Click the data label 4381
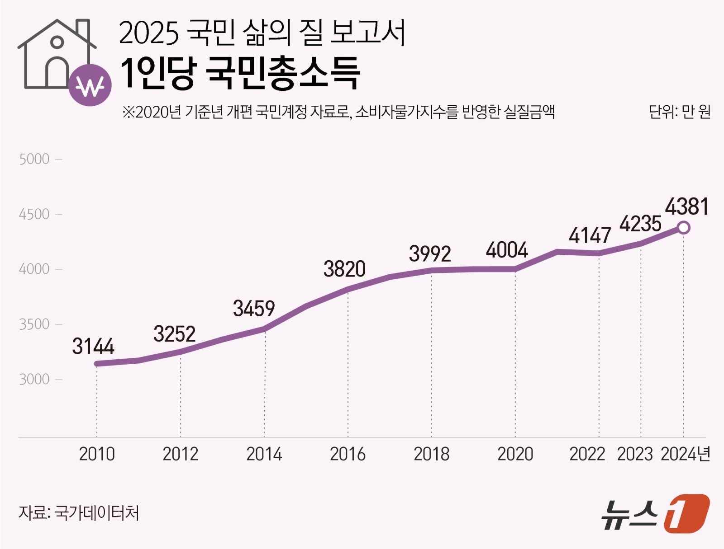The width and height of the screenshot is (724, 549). tap(686, 207)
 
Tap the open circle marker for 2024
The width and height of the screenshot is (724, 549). tap(684, 228)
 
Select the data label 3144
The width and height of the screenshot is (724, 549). tap(93, 347)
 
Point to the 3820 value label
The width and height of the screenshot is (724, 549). tap(344, 269)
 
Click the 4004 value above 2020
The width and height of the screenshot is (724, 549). tap(507, 250)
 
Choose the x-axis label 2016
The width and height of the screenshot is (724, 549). tap(348, 454)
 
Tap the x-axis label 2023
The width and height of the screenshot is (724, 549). tap(635, 454)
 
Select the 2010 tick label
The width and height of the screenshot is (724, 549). tap(97, 454)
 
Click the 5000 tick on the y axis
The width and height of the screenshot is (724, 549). tap(34, 160)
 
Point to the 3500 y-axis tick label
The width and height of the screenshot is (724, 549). tap(34, 324)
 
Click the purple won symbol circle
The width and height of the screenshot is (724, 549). tap(90, 85)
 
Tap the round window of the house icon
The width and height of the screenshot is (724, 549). tap(57, 42)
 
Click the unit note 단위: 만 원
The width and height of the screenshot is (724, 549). tap(679, 112)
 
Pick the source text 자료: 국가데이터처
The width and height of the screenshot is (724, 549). tap(79, 513)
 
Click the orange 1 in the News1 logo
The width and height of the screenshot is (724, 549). tap(686, 513)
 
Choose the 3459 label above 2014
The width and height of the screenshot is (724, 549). tap(254, 309)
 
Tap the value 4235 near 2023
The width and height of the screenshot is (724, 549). tap(640, 224)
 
